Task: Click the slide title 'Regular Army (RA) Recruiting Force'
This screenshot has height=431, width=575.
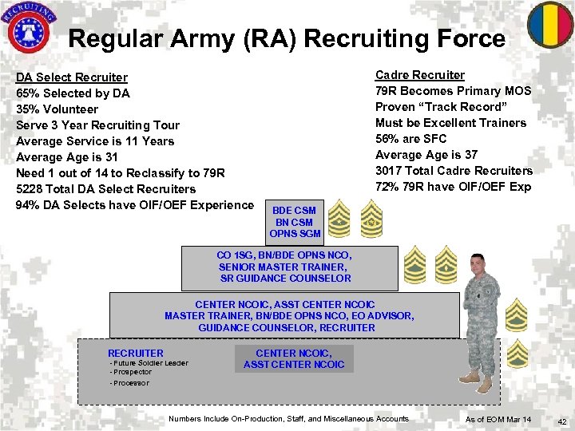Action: coord(287,38)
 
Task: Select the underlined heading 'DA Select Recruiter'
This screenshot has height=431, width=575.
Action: coord(72,77)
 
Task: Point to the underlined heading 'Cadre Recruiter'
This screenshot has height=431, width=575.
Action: coord(420,75)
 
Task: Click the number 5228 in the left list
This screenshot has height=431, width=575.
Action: coord(30,189)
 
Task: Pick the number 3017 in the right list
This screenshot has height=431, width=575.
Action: coord(389,171)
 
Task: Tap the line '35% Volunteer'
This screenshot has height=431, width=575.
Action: coord(57,109)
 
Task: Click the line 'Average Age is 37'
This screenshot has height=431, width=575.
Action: coord(426,155)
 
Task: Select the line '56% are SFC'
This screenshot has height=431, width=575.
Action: coord(411,139)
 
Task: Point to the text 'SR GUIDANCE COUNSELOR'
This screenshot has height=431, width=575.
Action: coord(286,279)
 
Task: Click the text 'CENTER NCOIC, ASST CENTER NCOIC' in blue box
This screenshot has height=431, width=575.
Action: coord(294,358)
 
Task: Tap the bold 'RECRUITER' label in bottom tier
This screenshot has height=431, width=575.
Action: coord(136,353)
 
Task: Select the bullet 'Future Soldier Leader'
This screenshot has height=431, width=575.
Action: coord(149,363)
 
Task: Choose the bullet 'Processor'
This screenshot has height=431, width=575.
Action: coord(131,383)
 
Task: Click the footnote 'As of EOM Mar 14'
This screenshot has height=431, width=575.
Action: coord(498,419)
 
